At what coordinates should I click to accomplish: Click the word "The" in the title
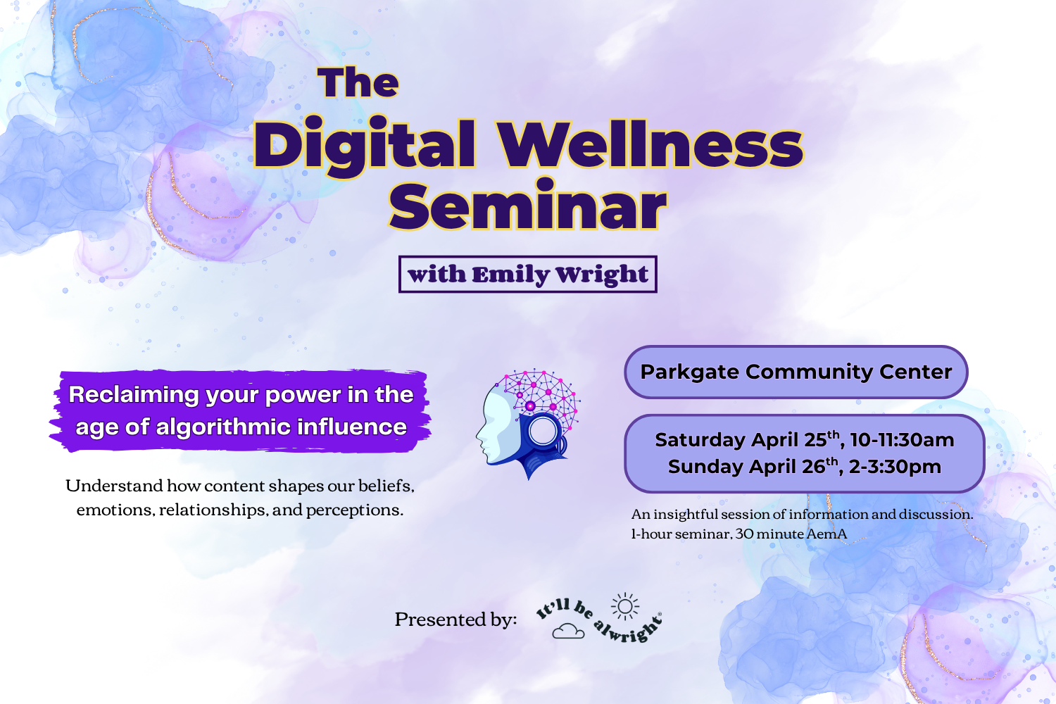click(x=358, y=83)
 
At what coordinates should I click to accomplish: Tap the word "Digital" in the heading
click(x=365, y=146)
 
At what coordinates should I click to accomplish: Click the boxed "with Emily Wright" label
click(x=527, y=274)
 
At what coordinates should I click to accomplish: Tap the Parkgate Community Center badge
click(x=796, y=372)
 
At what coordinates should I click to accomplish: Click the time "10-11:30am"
click(x=902, y=440)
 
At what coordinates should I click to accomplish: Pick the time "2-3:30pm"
click(x=895, y=467)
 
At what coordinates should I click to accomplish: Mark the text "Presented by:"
click(x=455, y=620)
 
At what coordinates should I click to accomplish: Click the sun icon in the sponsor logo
click(x=624, y=606)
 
